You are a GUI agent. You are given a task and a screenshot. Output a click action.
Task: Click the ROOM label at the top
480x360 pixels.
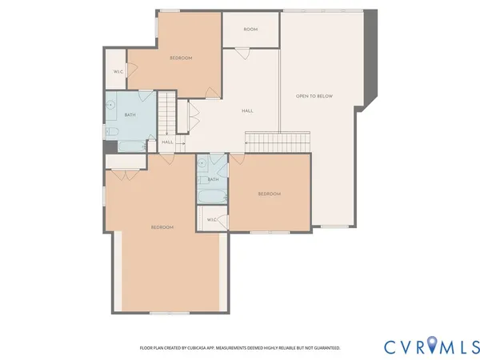[x=250, y=30]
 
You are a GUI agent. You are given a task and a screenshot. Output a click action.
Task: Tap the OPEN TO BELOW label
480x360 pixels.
[x=314, y=96]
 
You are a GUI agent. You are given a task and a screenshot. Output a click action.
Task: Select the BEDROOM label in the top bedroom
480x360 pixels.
[x=181, y=58]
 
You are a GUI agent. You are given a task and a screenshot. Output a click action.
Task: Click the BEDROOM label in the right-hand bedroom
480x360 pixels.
[x=269, y=194]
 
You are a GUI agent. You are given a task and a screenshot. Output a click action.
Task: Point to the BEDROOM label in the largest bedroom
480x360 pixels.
[x=162, y=227]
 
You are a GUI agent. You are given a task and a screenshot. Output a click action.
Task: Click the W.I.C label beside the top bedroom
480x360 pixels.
[x=118, y=72]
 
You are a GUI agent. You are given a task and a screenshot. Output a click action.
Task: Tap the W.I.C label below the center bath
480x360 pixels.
[x=212, y=219]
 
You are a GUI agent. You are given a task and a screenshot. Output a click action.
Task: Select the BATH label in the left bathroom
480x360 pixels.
[x=130, y=115]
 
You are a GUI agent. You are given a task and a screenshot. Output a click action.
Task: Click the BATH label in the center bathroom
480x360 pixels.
[x=214, y=179]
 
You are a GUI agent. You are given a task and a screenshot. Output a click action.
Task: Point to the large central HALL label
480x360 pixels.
[x=247, y=111]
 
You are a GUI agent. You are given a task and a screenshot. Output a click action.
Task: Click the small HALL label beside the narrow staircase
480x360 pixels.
[x=167, y=142]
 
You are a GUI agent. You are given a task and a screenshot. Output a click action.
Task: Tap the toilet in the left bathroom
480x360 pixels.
[x=113, y=133]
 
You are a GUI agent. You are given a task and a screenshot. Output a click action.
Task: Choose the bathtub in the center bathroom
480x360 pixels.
[x=213, y=196]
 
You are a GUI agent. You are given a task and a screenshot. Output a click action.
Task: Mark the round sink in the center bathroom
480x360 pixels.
[x=203, y=163]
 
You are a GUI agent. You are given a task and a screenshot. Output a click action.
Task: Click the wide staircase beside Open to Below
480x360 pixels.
[x=276, y=141]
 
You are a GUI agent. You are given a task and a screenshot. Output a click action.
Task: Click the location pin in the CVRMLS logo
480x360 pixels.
[x=432, y=346]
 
